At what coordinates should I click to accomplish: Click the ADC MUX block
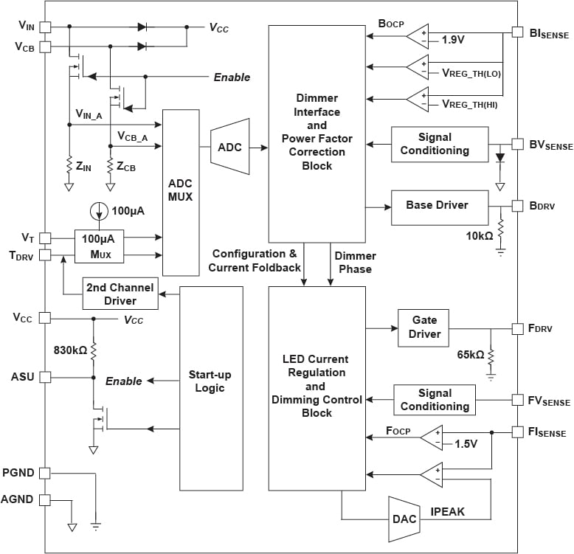click(x=181, y=193)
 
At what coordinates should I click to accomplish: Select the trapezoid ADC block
click(x=230, y=146)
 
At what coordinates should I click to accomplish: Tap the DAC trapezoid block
click(x=404, y=519)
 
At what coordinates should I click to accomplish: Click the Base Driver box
click(x=440, y=207)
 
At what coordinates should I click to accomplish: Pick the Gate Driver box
click(x=423, y=328)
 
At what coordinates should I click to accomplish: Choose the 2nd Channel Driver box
click(x=120, y=294)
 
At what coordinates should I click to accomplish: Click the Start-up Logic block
click(x=211, y=388)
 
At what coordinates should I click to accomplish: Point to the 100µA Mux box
click(x=99, y=246)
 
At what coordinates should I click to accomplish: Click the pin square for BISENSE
click(x=517, y=32)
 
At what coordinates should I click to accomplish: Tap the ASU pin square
click(x=45, y=377)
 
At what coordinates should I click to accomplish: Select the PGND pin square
click(x=45, y=473)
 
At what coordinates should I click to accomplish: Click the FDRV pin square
click(x=517, y=328)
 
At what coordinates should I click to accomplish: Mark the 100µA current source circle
click(x=99, y=211)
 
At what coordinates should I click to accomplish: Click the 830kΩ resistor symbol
click(x=94, y=351)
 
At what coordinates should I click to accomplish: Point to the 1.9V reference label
click(x=453, y=40)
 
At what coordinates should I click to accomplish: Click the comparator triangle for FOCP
click(x=432, y=437)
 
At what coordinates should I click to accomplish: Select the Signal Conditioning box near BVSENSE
click(x=440, y=144)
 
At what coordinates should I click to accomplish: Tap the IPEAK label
click(x=447, y=511)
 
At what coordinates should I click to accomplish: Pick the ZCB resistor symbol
click(x=110, y=166)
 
